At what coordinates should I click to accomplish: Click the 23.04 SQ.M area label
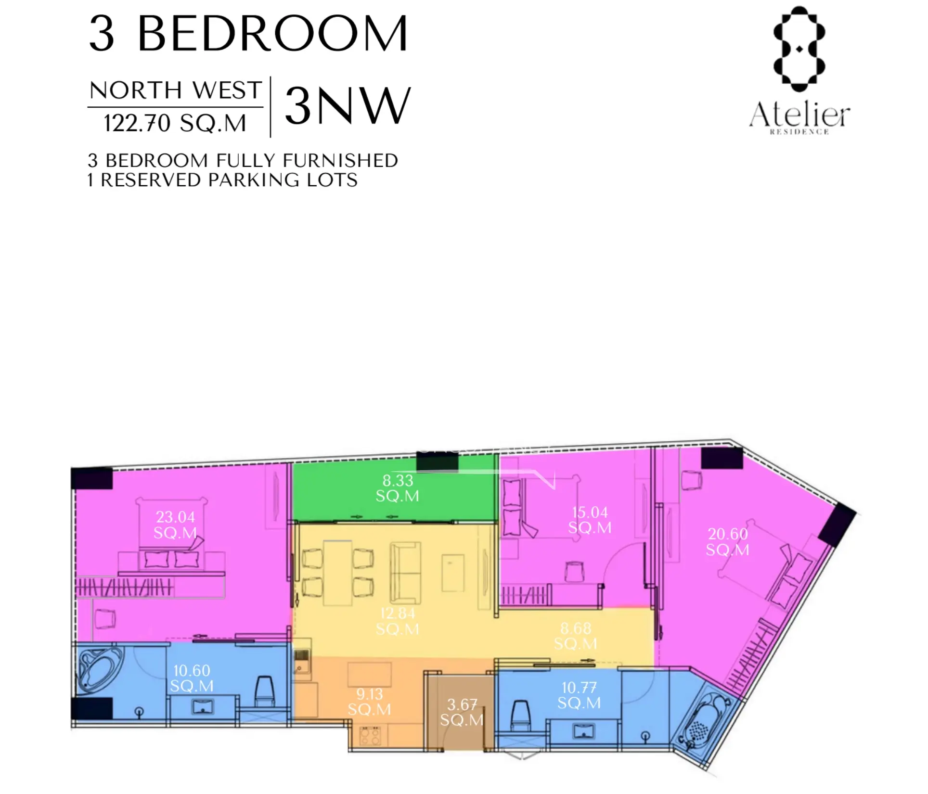pyautogui.click(x=175, y=525)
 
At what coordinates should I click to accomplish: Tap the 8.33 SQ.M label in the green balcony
pyautogui.click(x=398, y=487)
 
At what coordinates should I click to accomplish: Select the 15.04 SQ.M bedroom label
pyautogui.click(x=590, y=520)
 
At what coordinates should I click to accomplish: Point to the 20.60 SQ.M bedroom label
pyautogui.click(x=728, y=541)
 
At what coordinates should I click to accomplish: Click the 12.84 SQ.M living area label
pyautogui.click(x=398, y=621)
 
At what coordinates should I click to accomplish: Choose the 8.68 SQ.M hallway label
pyautogui.click(x=576, y=636)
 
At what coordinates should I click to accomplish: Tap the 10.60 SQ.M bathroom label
pyautogui.click(x=192, y=678)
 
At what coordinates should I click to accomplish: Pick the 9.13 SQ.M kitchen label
pyautogui.click(x=370, y=701)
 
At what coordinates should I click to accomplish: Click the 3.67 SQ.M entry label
pyautogui.click(x=462, y=712)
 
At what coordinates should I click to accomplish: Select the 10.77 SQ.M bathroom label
pyautogui.click(x=579, y=695)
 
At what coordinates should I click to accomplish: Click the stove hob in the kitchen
pyautogui.click(x=371, y=735)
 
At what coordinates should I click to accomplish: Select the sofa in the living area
pyautogui.click(x=405, y=573)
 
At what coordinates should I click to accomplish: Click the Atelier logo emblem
pyautogui.click(x=799, y=49)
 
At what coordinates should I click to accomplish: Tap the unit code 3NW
pyautogui.click(x=348, y=106)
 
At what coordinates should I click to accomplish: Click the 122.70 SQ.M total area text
pyautogui.click(x=175, y=123)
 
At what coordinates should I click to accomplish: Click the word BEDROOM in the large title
pyautogui.click(x=273, y=33)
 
